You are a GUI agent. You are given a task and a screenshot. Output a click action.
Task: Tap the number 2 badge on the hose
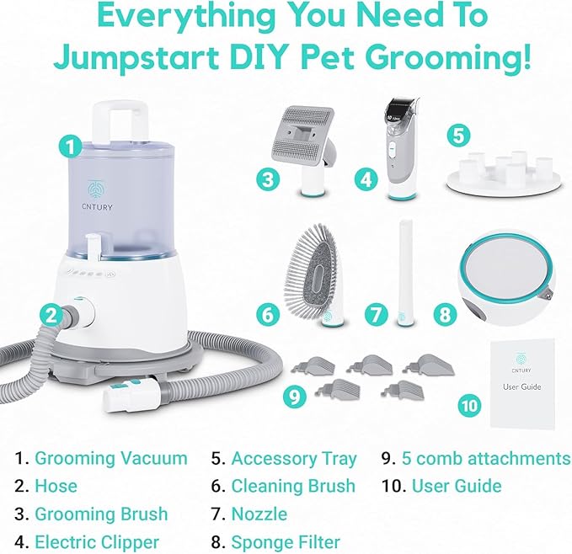tap(52, 317)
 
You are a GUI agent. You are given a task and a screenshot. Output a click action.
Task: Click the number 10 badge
tap(470, 405)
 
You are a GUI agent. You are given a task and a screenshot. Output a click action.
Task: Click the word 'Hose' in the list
tap(56, 486)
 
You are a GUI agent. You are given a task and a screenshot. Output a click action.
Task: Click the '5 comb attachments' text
tap(485, 459)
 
